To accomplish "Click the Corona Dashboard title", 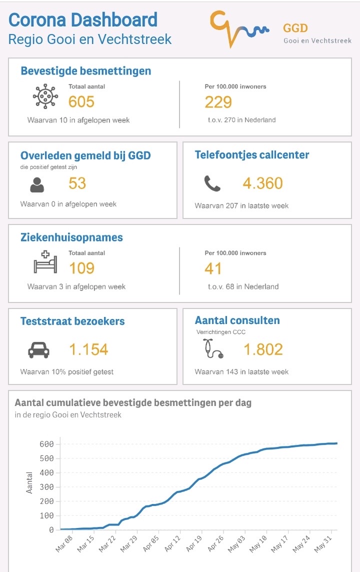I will pyautogui.click(x=83, y=20).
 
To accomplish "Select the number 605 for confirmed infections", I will pyautogui.click(x=81, y=102).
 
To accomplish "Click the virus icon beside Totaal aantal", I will pyautogui.click(x=45, y=96).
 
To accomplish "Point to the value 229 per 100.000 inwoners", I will pyautogui.click(x=218, y=102).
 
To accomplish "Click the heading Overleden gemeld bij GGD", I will pyautogui.click(x=85, y=155).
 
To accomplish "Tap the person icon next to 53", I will pyautogui.click(x=37, y=185).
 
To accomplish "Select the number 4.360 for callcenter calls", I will pyautogui.click(x=263, y=183).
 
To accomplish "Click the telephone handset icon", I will pyautogui.click(x=212, y=184).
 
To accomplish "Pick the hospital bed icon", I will pyautogui.click(x=45, y=262).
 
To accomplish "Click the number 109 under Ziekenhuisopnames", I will pyautogui.click(x=81, y=268).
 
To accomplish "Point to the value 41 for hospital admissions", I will pyautogui.click(x=213, y=268).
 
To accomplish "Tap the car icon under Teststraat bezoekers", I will pyautogui.click(x=38, y=350).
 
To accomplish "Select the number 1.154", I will pyautogui.click(x=88, y=349).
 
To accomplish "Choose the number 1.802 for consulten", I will pyautogui.click(x=263, y=349).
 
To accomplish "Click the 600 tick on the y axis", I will pyautogui.click(x=46, y=444).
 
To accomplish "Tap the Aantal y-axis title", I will pyautogui.click(x=29, y=482).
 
